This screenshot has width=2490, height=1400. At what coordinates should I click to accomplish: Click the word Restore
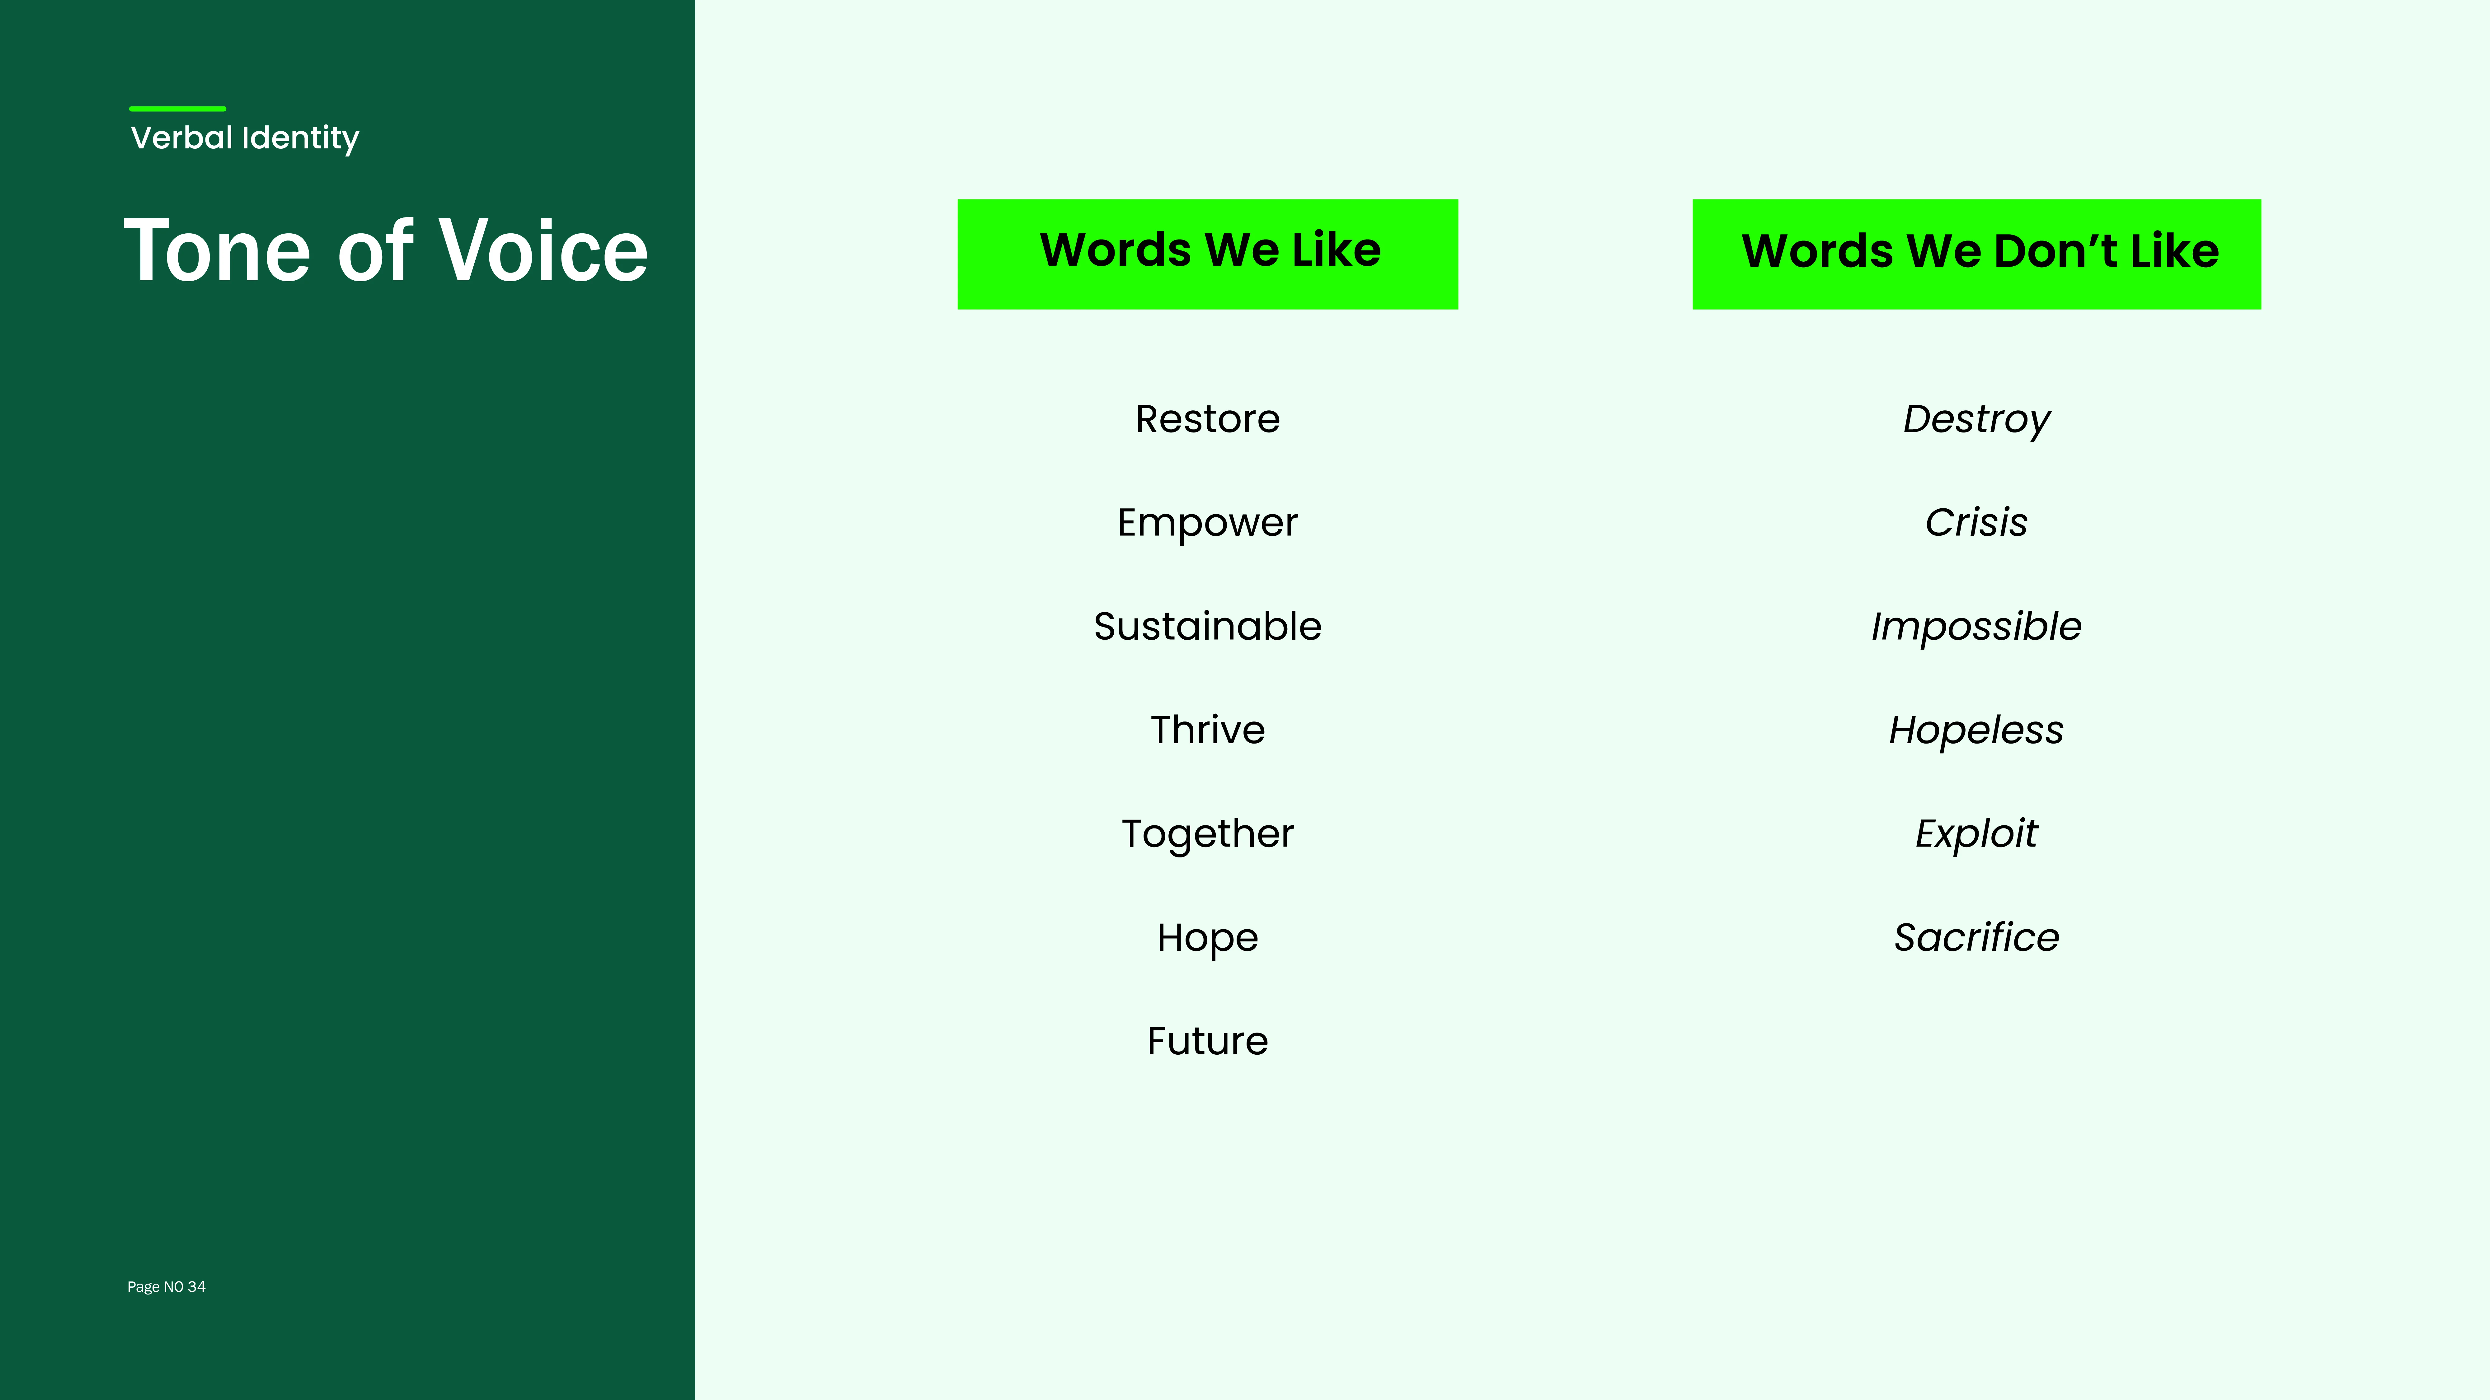point(1207,419)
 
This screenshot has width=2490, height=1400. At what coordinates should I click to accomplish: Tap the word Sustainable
point(1207,626)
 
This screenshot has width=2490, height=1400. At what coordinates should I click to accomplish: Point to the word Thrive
point(1207,730)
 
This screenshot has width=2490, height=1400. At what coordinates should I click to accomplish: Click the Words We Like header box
point(1207,254)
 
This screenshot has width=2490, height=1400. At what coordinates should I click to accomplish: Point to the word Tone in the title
point(217,250)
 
